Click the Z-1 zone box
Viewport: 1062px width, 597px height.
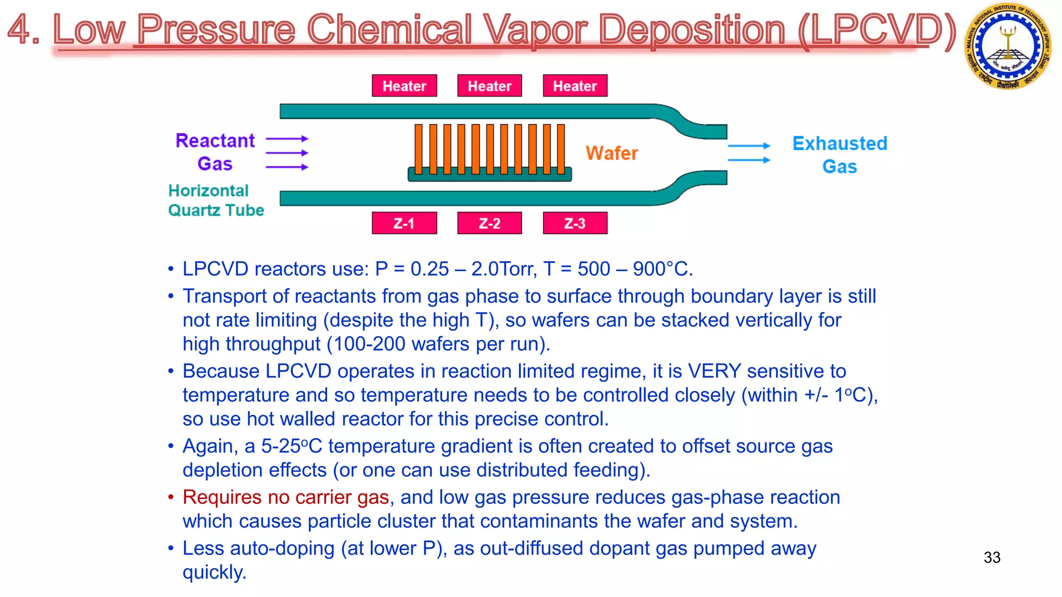point(404,223)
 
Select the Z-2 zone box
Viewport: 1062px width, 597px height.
point(490,223)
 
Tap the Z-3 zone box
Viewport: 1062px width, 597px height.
point(575,223)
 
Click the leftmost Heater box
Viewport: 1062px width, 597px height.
point(404,86)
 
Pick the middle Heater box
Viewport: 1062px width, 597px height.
point(490,86)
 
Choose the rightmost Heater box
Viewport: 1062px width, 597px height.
point(575,86)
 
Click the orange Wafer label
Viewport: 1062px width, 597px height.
point(611,153)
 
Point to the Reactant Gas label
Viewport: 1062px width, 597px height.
point(215,152)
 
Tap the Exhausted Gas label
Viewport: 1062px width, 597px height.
point(840,154)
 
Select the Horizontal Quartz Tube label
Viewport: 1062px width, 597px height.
point(216,201)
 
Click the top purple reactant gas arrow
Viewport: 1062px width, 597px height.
point(287,139)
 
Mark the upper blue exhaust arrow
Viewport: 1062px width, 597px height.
point(749,146)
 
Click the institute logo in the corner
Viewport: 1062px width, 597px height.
point(1008,46)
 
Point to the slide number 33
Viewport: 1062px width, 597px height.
point(991,558)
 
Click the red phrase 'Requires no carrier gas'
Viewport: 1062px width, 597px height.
point(286,497)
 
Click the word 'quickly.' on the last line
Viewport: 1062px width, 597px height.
point(214,573)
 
